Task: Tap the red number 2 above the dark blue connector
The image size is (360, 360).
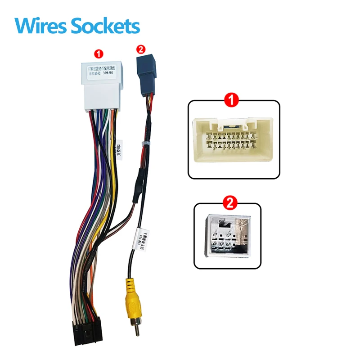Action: coord(141,49)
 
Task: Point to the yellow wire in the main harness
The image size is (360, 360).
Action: coord(115,180)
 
